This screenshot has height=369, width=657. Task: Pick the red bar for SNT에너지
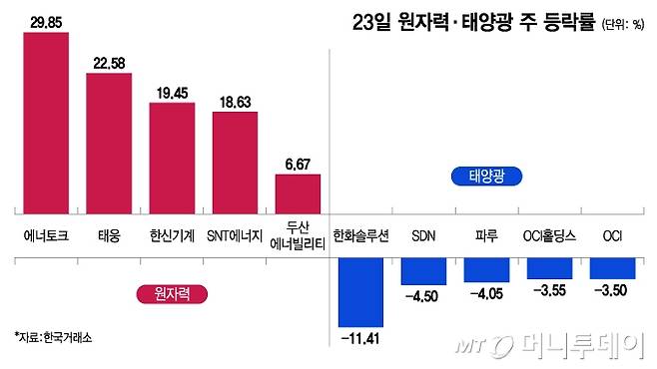click(235, 161)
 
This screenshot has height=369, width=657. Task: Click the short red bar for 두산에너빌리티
click(298, 193)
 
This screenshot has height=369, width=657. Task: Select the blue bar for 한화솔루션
click(361, 291)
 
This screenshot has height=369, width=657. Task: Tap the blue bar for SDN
click(424, 270)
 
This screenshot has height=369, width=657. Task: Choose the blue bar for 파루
click(487, 268)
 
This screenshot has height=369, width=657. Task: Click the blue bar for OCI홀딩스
click(550, 267)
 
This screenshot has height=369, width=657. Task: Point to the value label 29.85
click(46, 19)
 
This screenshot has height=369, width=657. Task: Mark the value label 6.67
click(298, 162)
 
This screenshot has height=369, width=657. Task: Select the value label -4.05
click(487, 294)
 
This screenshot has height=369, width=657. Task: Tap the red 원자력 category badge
click(166, 293)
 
